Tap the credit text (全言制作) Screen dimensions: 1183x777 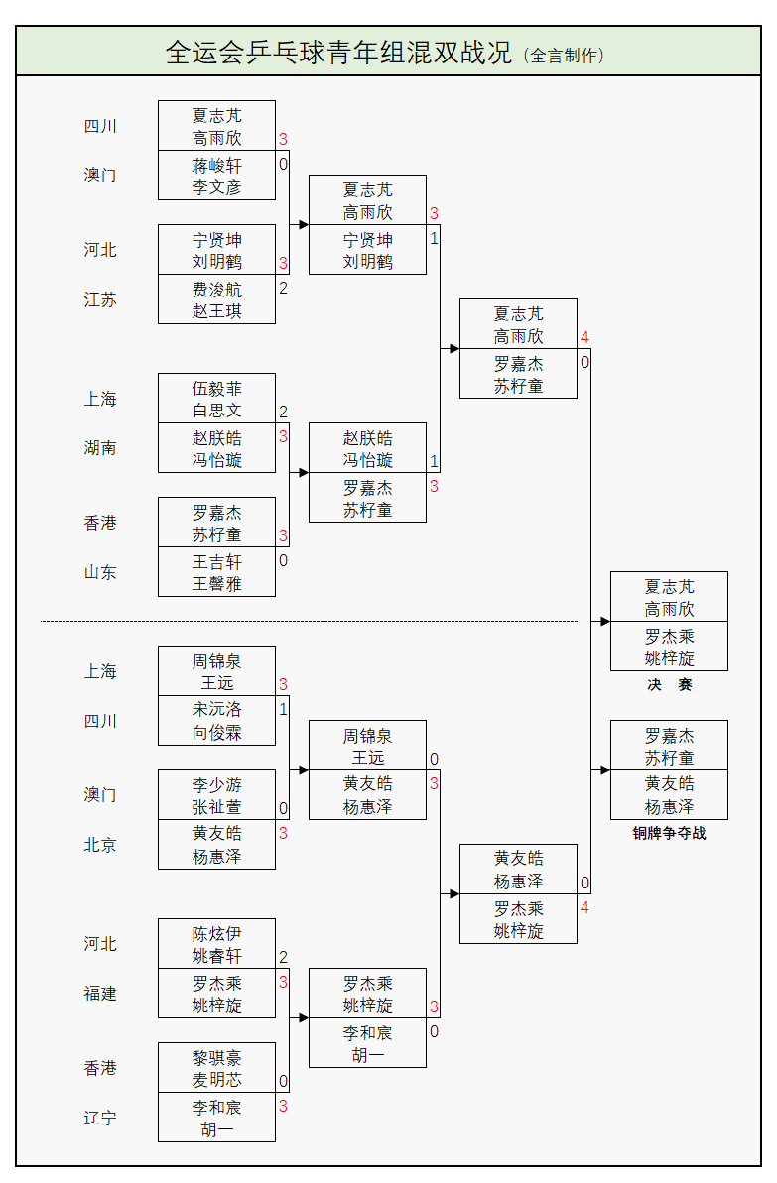coord(564,56)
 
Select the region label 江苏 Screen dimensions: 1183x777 coord(100,299)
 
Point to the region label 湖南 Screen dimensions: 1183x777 coord(100,448)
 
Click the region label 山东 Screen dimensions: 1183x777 coord(100,572)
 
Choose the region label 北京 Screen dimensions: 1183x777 coord(100,845)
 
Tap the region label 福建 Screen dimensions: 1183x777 coord(100,994)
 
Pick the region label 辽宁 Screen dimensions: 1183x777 coord(100,1118)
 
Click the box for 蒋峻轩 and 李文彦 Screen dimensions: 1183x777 coord(216,176)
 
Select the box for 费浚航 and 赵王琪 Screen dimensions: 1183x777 coord(216,299)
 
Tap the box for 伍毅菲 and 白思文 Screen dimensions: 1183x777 coord(216,399)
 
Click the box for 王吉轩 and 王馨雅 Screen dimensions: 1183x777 coord(216,572)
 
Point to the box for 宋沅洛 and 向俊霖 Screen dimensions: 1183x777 coord(216,721)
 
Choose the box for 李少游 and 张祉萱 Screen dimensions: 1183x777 coord(216,795)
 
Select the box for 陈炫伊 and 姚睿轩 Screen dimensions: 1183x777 coord(216,944)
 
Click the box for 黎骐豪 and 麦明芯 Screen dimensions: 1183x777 coord(216,1068)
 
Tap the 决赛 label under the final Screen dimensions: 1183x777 coord(669,685)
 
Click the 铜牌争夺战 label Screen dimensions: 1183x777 coord(669,834)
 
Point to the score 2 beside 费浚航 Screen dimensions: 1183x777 coord(283,289)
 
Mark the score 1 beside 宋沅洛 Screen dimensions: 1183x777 coord(283,710)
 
